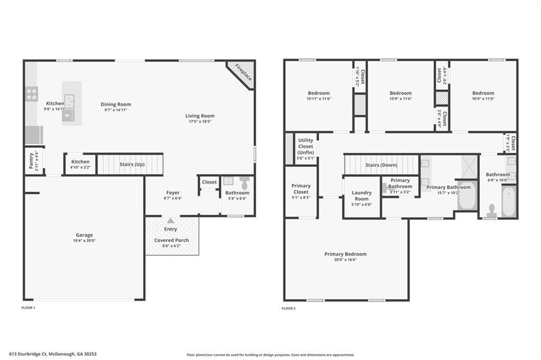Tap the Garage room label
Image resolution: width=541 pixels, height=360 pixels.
tap(84, 235)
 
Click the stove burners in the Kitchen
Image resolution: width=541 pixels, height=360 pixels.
tap(32, 94)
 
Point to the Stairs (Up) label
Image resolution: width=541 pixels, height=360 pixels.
tap(133, 164)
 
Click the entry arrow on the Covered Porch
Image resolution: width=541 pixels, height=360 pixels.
tap(170, 221)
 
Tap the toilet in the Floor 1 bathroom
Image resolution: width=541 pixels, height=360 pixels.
tap(244, 183)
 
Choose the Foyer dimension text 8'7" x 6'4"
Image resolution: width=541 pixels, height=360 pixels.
tap(173, 198)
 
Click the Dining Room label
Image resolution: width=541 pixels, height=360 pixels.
tap(116, 105)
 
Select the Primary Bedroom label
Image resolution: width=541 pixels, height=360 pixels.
tap(345, 254)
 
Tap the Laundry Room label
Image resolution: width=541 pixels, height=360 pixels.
tap(361, 196)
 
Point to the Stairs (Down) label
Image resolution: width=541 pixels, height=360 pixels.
tap(381, 165)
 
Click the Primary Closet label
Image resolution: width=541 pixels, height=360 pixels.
tap(301, 189)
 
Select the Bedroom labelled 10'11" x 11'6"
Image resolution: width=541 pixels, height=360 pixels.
tap(318, 93)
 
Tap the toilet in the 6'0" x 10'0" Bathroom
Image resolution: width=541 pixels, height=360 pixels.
tap(491, 210)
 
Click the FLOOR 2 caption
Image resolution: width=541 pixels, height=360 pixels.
tap(288, 308)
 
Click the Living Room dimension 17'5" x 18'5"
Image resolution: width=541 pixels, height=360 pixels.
tap(200, 121)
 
